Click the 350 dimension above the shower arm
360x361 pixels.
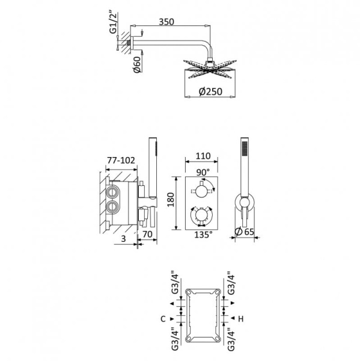tap(167, 22)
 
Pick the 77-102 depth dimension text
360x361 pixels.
tap(121, 161)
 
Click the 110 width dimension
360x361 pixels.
tap(203, 156)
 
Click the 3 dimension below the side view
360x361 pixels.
tap(123, 239)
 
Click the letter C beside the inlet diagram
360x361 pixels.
tap(163, 318)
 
